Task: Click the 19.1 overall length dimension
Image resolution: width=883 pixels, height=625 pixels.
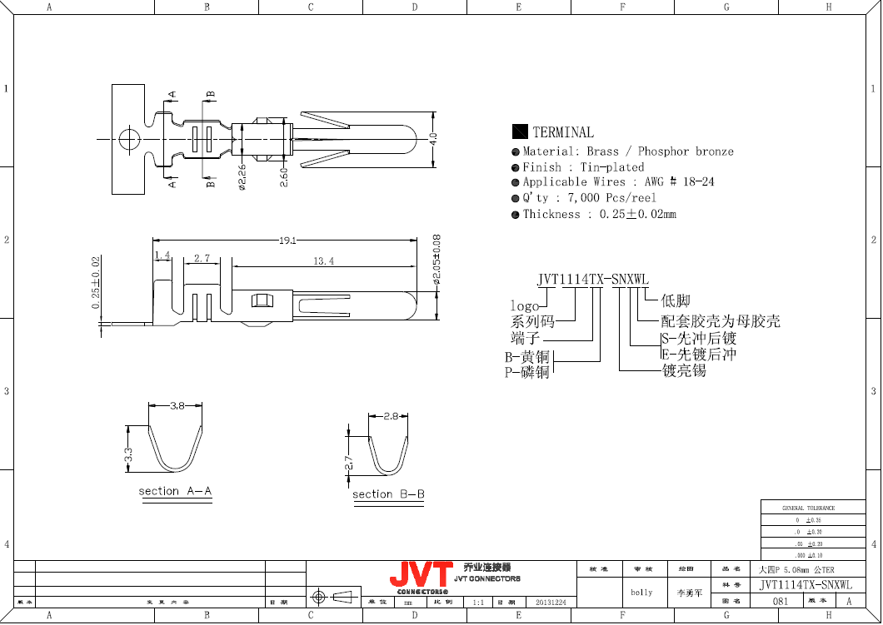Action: coord(288,240)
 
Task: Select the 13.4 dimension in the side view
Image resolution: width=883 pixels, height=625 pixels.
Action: coord(323,261)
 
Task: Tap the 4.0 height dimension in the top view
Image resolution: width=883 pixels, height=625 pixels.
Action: coord(432,139)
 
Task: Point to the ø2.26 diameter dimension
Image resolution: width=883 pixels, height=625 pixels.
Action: coord(242,176)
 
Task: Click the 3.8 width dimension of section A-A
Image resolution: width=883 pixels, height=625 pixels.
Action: coord(177,406)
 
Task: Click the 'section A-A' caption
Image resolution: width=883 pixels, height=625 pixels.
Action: coord(175,491)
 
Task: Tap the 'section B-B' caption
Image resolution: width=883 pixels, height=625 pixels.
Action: coord(388,494)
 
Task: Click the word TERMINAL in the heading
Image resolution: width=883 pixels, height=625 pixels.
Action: coord(563,132)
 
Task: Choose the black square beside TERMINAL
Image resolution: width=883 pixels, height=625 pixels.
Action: coord(520,131)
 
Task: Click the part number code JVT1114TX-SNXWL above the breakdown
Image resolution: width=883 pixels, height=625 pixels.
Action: coord(592,280)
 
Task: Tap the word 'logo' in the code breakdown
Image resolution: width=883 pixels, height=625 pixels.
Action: coord(524,306)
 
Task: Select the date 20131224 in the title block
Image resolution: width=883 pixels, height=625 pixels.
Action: coord(550,602)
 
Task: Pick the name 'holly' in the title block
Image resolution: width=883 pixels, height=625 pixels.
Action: coord(641,593)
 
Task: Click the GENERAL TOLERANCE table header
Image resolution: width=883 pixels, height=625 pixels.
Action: coord(808,508)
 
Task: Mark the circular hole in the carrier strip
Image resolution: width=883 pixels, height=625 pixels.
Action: coord(129,139)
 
